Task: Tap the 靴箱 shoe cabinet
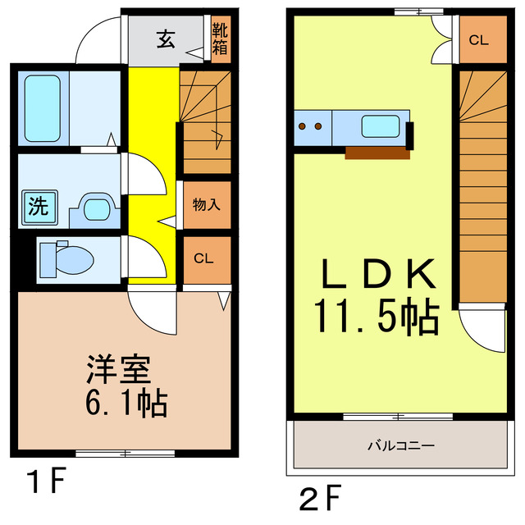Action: pos(220,39)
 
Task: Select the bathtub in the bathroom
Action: pos(40,107)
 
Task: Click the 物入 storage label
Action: pos(206,204)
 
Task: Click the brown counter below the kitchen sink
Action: pos(377,153)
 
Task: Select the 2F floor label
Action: pos(320,497)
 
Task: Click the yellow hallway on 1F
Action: pos(152,164)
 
